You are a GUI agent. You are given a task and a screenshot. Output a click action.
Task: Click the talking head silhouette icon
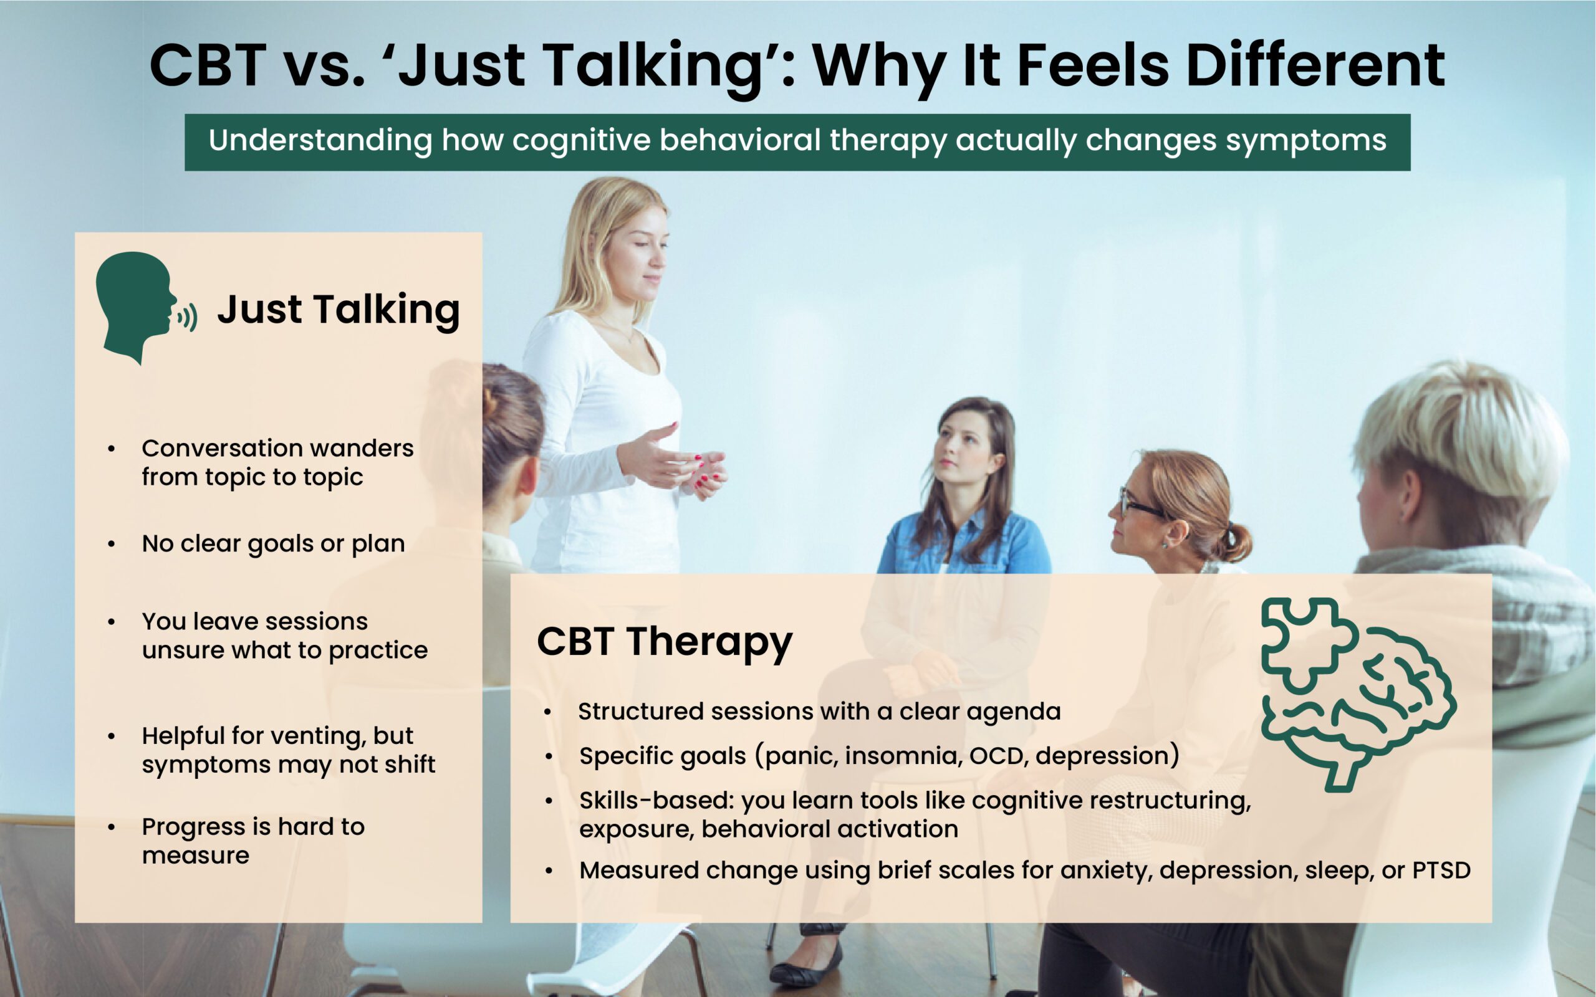[142, 307]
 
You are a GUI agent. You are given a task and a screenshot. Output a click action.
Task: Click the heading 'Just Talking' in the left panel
[339, 310]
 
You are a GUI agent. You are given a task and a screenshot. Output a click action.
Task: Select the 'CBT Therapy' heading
[664, 643]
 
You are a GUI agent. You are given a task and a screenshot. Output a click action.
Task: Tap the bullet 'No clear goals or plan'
[273, 544]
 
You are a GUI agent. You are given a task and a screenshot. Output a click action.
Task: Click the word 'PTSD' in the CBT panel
[1441, 871]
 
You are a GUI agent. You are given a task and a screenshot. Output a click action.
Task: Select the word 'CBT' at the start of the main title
[208, 65]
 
